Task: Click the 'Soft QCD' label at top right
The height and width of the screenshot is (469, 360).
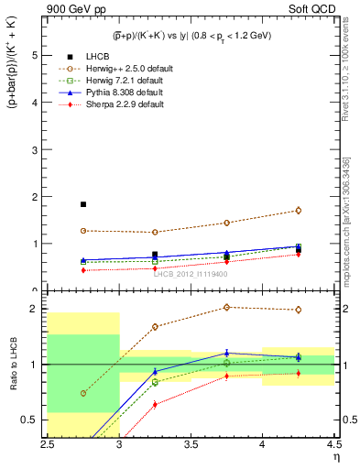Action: click(x=311, y=10)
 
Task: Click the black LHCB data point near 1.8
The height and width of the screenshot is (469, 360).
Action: click(x=83, y=204)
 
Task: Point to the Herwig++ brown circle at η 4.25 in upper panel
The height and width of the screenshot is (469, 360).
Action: click(x=299, y=210)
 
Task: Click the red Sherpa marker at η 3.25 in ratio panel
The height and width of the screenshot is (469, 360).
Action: click(x=155, y=404)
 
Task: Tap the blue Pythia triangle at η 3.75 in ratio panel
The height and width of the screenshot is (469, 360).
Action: click(x=227, y=353)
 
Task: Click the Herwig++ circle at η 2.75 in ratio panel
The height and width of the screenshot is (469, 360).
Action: click(x=83, y=393)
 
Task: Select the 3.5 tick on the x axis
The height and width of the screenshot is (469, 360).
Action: click(x=191, y=444)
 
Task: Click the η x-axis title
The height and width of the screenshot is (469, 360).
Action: click(x=335, y=456)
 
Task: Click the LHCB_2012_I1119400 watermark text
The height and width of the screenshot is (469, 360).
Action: click(x=191, y=274)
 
